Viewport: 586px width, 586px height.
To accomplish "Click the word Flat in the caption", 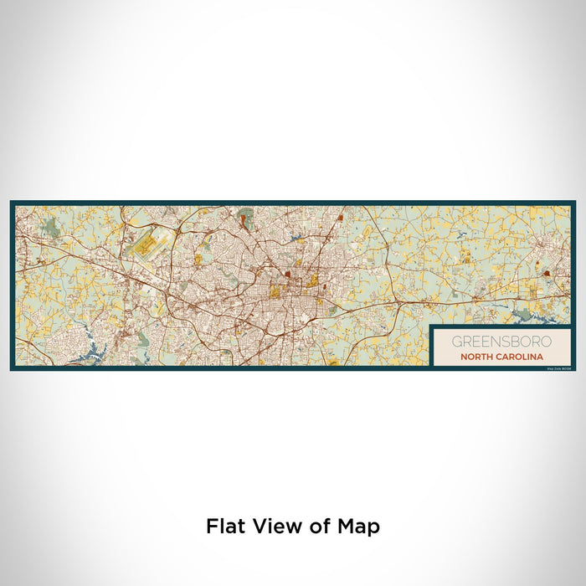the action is (x=225, y=527).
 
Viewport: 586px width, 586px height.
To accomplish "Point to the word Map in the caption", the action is (x=357, y=527).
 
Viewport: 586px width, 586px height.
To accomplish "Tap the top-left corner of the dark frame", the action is (x=13, y=203).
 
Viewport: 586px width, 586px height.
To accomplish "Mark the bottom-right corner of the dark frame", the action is (x=573, y=368).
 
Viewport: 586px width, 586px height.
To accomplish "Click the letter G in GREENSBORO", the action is (x=456, y=342).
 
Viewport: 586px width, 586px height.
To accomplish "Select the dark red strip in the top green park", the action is (x=244, y=221).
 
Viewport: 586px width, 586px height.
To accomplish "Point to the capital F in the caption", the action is (x=211, y=527).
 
